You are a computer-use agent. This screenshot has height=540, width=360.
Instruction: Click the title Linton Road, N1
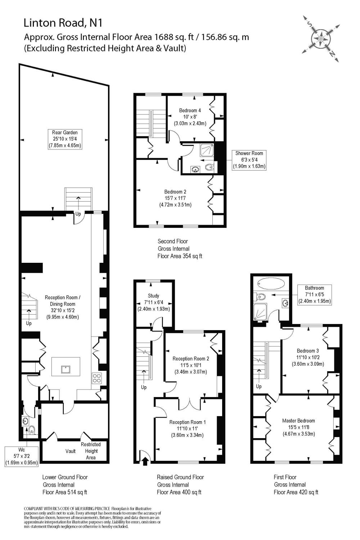[x=63, y=23]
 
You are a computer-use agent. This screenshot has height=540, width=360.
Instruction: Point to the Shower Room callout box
[x=249, y=160]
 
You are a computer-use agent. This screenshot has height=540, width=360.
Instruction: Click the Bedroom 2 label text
[x=175, y=198]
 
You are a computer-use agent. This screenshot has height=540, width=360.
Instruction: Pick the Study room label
[x=153, y=302]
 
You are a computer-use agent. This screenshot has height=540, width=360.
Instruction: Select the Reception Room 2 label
[x=190, y=365]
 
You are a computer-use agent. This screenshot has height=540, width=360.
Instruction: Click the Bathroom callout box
[x=314, y=294]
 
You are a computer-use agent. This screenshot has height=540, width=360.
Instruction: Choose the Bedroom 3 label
[x=308, y=357]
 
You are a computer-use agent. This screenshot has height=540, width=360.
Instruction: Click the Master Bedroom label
[x=298, y=427]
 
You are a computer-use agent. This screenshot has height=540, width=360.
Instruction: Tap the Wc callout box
[x=22, y=456]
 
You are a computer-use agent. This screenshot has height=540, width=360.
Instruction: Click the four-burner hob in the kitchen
[x=97, y=378]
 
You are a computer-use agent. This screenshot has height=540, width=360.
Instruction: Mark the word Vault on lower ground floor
[x=71, y=451]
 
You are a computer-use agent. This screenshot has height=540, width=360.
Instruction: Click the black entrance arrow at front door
[x=145, y=461]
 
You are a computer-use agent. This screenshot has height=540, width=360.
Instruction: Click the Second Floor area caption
[x=180, y=249]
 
